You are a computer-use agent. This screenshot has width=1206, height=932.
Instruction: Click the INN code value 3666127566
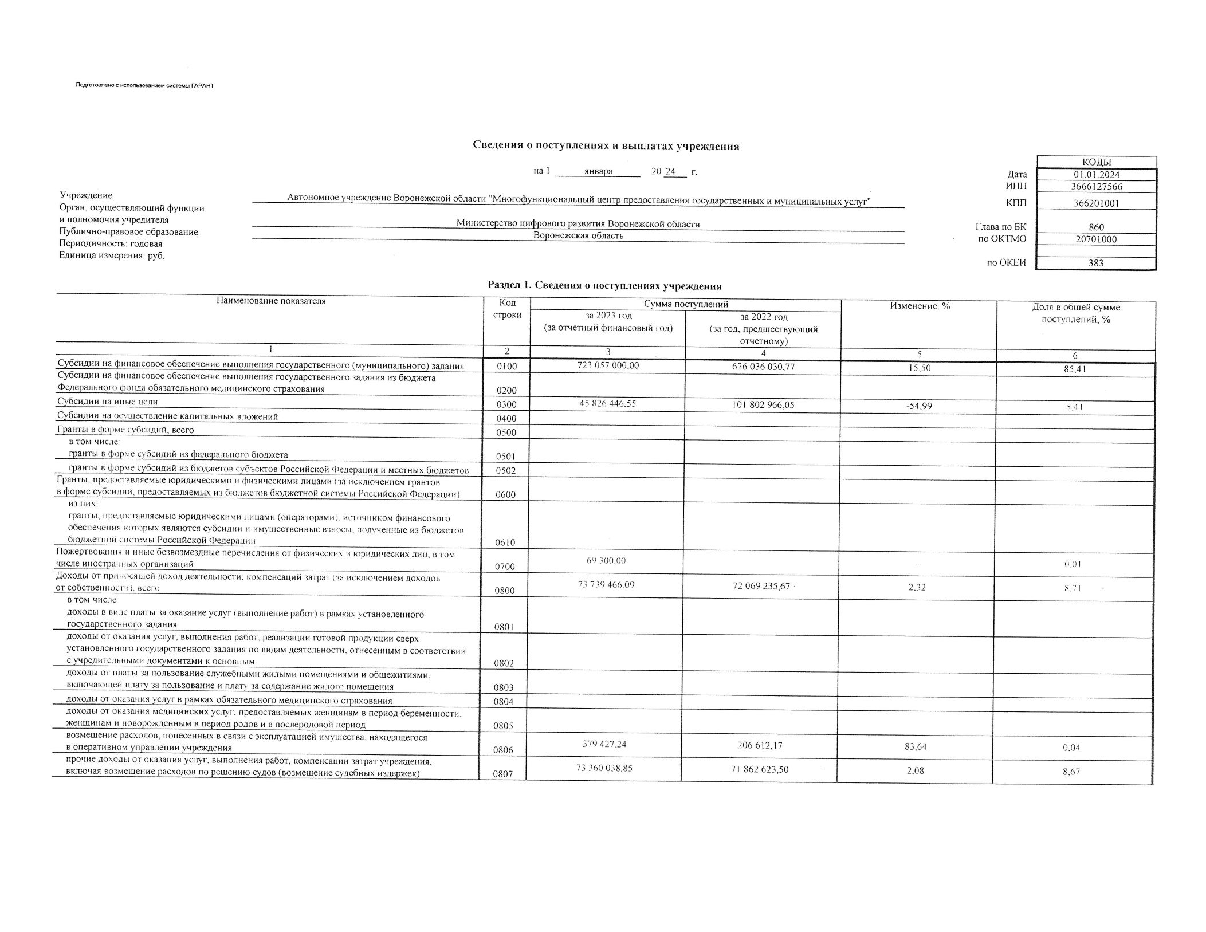(x=1097, y=187)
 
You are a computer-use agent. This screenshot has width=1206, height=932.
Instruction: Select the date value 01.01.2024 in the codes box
(x=1097, y=175)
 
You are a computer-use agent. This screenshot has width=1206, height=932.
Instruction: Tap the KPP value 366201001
(x=1097, y=203)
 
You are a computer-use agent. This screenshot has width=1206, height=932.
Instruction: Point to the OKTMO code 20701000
(x=1096, y=239)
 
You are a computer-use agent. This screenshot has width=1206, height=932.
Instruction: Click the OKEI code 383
(x=1096, y=264)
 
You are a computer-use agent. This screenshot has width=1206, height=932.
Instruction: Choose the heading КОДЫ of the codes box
(x=1097, y=162)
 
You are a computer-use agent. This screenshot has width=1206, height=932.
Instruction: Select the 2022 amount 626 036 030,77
(x=764, y=367)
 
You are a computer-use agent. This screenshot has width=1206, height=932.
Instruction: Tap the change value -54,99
(x=920, y=406)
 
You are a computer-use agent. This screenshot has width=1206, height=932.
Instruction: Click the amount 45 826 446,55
(x=608, y=403)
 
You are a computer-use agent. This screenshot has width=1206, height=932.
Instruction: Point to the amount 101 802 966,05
(x=764, y=405)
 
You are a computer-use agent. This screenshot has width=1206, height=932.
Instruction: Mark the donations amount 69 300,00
(x=606, y=560)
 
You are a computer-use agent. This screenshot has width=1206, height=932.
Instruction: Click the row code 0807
(x=502, y=774)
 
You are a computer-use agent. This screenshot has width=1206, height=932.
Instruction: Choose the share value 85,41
(x=1075, y=369)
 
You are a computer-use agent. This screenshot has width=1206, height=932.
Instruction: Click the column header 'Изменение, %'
(x=920, y=306)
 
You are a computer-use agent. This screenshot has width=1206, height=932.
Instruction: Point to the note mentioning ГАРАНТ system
(x=144, y=86)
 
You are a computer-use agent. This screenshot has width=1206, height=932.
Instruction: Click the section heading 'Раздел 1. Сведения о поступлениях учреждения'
(x=604, y=286)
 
